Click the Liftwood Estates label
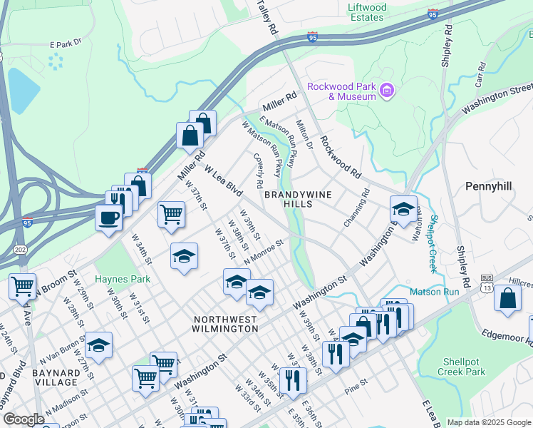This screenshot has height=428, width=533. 367,12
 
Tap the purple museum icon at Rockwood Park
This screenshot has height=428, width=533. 387,91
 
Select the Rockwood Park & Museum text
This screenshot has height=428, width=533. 341,91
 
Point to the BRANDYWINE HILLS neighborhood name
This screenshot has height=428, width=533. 289,199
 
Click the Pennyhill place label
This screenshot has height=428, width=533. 489,185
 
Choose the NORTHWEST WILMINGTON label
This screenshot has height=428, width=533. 224,323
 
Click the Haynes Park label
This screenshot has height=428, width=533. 123,279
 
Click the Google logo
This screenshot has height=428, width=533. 24,419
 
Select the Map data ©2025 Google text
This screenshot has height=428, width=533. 489,422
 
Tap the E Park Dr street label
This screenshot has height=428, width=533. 66,43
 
